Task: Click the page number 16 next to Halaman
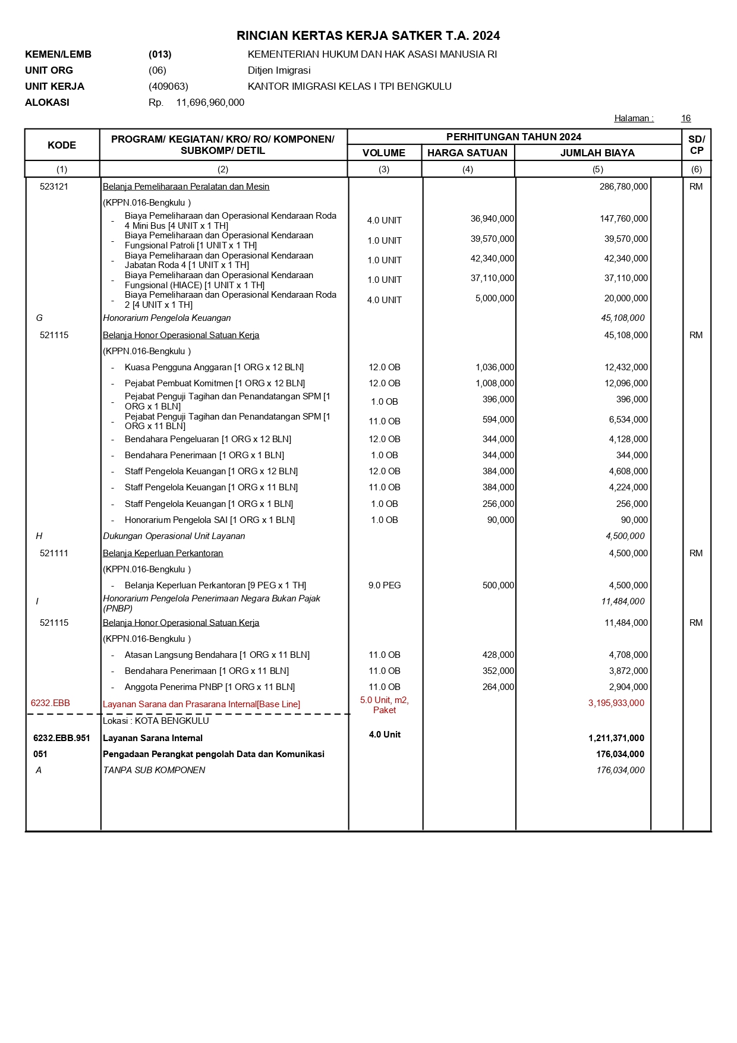(x=686, y=118)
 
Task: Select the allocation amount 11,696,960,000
(x=210, y=102)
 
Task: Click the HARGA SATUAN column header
(x=467, y=153)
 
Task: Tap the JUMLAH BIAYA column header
(x=597, y=153)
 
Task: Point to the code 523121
(x=54, y=187)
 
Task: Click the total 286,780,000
(x=623, y=187)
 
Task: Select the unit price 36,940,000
(x=492, y=219)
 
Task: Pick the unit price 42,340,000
(x=492, y=259)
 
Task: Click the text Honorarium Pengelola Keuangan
(x=166, y=318)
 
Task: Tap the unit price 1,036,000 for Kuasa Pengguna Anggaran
(x=495, y=367)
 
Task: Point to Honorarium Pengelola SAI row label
(x=210, y=520)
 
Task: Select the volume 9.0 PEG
(x=385, y=585)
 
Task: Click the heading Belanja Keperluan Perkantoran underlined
(x=163, y=553)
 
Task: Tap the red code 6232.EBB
(x=51, y=703)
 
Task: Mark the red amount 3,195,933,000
(x=616, y=703)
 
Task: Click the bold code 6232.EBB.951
(x=62, y=738)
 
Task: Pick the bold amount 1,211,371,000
(x=616, y=738)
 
